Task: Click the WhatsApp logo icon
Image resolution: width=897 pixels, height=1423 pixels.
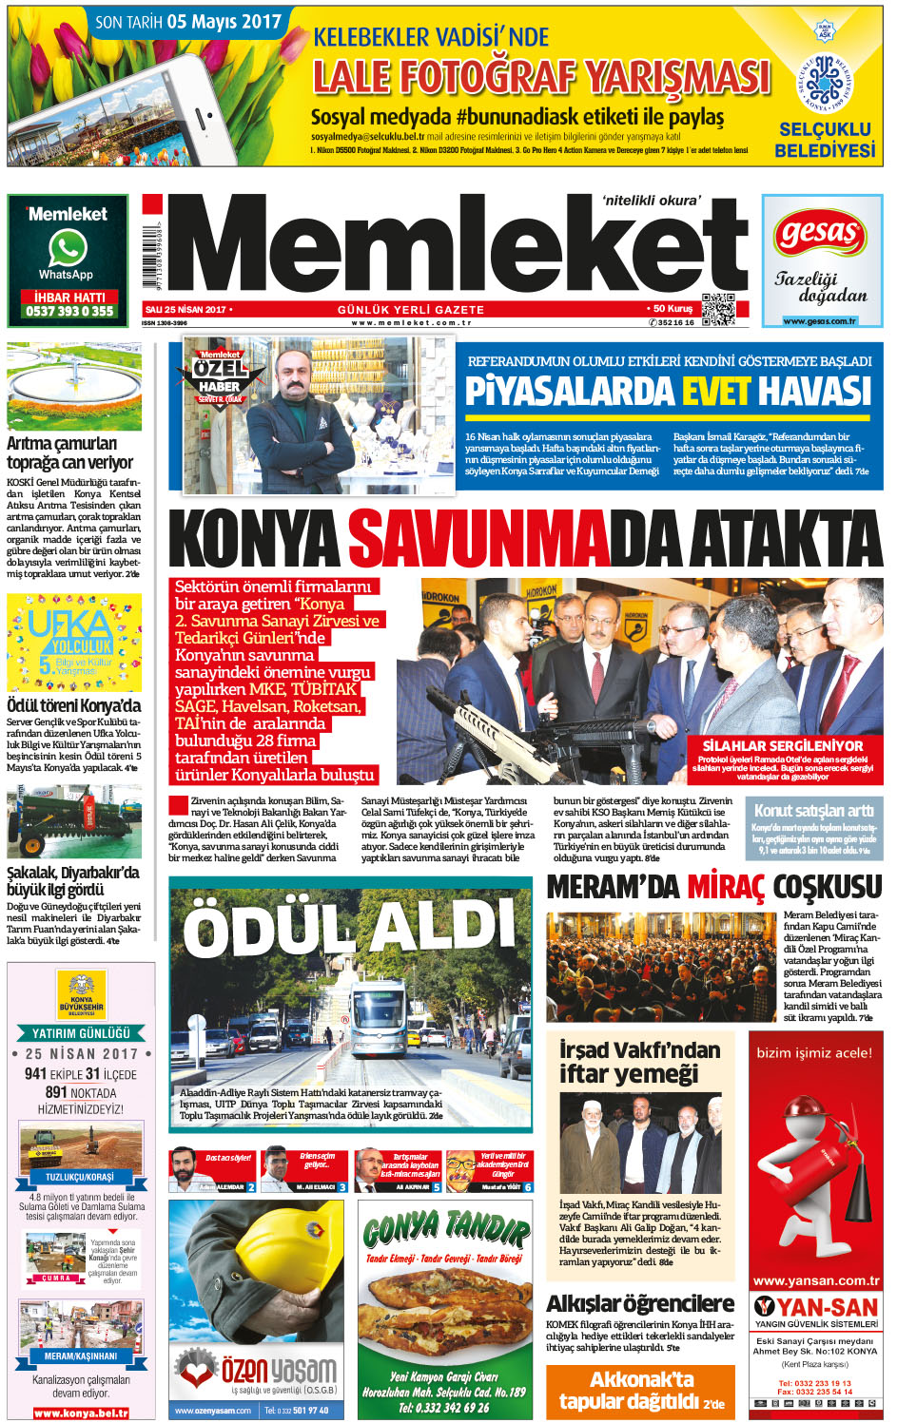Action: pyautogui.click(x=68, y=249)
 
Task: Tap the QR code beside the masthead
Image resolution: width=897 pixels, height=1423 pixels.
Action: pyautogui.click(x=718, y=310)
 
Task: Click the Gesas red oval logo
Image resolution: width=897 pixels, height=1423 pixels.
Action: pyautogui.click(x=821, y=234)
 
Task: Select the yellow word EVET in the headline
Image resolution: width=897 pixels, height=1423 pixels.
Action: pyautogui.click(x=715, y=392)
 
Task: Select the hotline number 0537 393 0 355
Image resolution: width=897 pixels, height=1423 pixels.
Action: pyautogui.click(x=69, y=311)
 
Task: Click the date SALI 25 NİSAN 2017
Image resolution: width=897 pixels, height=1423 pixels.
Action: pyautogui.click(x=185, y=310)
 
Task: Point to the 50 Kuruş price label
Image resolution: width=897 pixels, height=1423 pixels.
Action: pyautogui.click(x=672, y=309)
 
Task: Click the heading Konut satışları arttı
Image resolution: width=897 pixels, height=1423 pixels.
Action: pyautogui.click(x=813, y=811)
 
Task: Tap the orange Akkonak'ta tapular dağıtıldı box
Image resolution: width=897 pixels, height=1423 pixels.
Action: pyautogui.click(x=641, y=1390)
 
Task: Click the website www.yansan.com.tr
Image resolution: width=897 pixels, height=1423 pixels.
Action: pyautogui.click(x=815, y=1280)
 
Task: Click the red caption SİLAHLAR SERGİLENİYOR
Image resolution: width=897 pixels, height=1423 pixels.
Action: pyautogui.click(x=782, y=746)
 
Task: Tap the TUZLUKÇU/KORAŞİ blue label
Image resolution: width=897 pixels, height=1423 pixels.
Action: pyautogui.click(x=80, y=1177)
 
